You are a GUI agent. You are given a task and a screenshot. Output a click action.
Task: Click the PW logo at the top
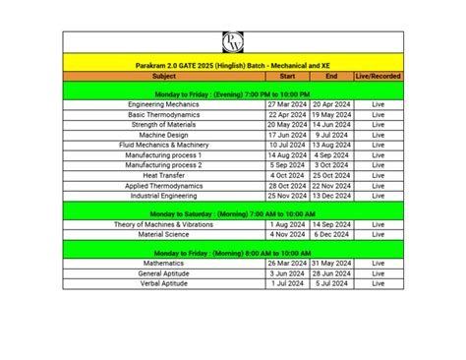pyautogui.click(x=233, y=41)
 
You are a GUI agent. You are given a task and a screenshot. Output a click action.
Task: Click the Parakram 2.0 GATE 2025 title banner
pyautogui.click(x=233, y=63)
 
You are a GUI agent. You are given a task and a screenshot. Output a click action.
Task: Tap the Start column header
pyautogui.click(x=287, y=75)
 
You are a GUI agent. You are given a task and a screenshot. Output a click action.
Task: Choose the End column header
pyautogui.click(x=331, y=75)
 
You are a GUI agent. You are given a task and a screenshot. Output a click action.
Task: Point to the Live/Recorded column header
pyautogui.click(x=378, y=75)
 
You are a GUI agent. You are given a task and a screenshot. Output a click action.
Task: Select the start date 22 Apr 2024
pyautogui.click(x=287, y=114)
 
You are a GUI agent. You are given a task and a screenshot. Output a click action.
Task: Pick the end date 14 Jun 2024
pyautogui.click(x=331, y=125)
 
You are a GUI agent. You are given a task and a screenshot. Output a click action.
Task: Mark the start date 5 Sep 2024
pyautogui.click(x=287, y=165)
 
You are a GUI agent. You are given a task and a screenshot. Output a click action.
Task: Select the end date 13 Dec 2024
pyautogui.click(x=331, y=196)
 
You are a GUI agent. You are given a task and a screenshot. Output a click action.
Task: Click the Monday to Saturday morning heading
pyautogui.click(x=233, y=213)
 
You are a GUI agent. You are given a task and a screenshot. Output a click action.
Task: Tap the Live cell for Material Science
pyautogui.click(x=378, y=235)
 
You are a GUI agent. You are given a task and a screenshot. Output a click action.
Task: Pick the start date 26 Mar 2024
pyautogui.click(x=287, y=264)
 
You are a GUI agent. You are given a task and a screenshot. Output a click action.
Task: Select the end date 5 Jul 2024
pyautogui.click(x=331, y=283)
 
